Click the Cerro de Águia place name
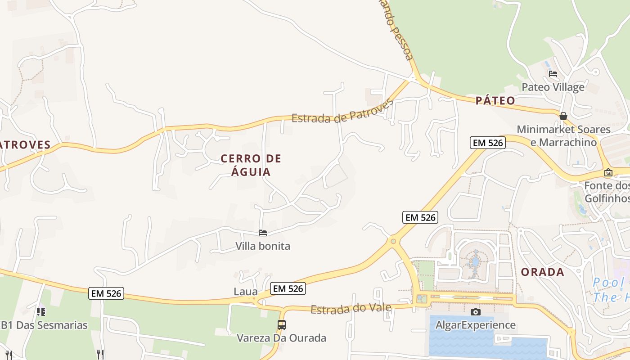tap(251, 165)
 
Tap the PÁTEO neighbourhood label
tap(495, 100)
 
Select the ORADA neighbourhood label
tap(542, 272)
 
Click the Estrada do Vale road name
tap(351, 309)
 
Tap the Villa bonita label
tap(263, 246)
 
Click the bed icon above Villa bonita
tap(263, 233)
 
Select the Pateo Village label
tap(553, 87)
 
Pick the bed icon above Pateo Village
tap(553, 73)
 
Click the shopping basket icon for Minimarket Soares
tap(563, 116)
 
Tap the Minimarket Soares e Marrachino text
tap(563, 136)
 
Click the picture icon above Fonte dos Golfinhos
tap(608, 172)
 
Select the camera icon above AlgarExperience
tap(475, 312)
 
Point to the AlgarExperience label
tap(475, 325)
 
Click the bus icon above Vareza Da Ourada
tap(281, 324)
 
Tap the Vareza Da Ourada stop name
tap(281, 338)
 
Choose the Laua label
tap(246, 292)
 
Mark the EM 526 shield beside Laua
tap(288, 288)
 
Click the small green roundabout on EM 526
tap(393, 242)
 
